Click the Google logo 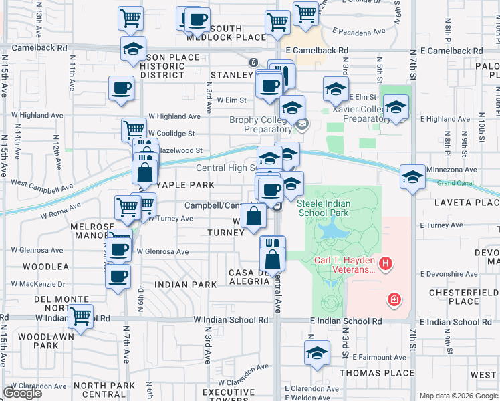click(22, 393)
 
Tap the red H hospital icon click(385, 265)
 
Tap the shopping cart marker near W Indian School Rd click(81, 316)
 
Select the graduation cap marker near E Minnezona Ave click(413, 176)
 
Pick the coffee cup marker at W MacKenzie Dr click(118, 275)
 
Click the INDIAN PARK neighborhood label click(185, 285)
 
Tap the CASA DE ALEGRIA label click(249, 277)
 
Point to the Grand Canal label click(455, 183)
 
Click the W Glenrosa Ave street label click(162, 252)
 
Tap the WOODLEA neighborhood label click(46, 266)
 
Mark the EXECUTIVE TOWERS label click(229, 396)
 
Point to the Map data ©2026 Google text click(458, 396)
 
